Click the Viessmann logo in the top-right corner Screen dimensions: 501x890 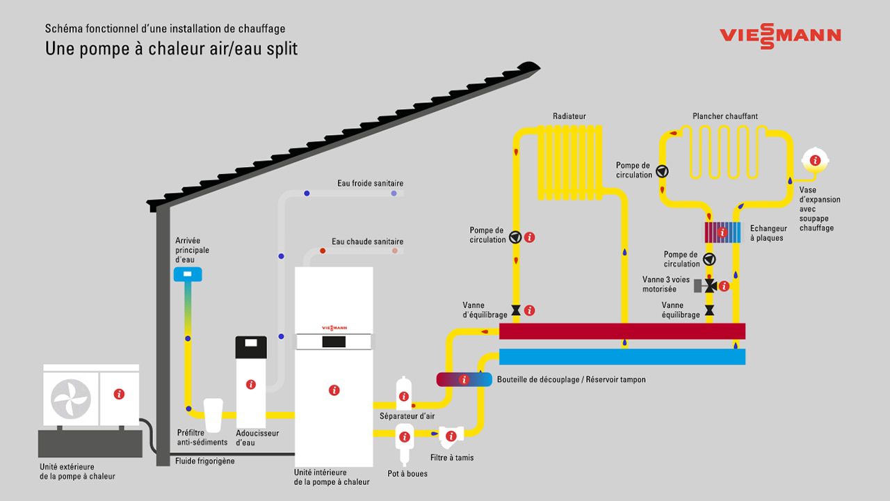780,35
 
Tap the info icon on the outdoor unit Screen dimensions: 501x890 119,394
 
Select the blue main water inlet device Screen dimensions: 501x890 188,274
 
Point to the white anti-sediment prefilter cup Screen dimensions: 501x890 213,415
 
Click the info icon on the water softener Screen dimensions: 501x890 251,384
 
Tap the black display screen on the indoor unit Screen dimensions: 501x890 334,342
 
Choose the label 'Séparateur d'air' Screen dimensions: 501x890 407,416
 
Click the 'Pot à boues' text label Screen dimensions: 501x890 407,474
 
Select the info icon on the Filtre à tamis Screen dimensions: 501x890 451,436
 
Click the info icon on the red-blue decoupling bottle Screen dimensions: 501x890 464,379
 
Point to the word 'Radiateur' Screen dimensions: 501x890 569,116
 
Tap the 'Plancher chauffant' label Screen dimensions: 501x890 725,116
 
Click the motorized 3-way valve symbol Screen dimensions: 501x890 709,286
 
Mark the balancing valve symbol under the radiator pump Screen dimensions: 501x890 516,310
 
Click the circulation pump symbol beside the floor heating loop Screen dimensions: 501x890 662,170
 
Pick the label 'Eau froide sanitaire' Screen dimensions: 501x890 370,184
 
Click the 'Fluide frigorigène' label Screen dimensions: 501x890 205,461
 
